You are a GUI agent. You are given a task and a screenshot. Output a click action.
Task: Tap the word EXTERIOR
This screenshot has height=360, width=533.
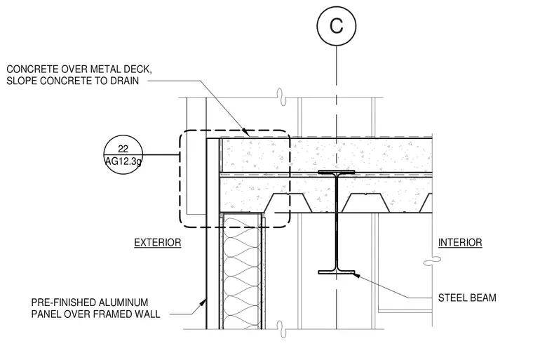pyautogui.click(x=158, y=243)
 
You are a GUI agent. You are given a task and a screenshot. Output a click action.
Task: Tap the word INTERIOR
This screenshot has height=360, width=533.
pyautogui.click(x=460, y=243)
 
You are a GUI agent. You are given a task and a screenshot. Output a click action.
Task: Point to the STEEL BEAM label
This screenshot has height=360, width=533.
pyautogui.click(x=467, y=298)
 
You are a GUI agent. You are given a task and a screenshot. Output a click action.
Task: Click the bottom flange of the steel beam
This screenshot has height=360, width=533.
pyautogui.click(x=337, y=272)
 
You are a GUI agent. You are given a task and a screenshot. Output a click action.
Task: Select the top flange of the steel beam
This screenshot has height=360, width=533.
pyautogui.click(x=337, y=172)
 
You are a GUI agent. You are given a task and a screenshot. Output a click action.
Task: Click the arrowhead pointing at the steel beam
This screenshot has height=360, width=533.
pyautogui.click(x=356, y=275)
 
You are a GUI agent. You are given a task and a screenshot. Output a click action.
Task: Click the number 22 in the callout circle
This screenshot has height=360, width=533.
pyautogui.click(x=123, y=149)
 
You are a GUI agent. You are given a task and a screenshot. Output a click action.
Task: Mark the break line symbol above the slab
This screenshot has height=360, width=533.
pyautogui.click(x=281, y=98)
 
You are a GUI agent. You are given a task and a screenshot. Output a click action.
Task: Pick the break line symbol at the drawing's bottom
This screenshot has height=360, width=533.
pyautogui.click(x=281, y=329)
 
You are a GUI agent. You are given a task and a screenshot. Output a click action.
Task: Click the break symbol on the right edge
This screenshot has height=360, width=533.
pyautogui.click(x=432, y=260)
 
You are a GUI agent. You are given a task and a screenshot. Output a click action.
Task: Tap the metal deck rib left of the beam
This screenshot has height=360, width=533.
pyautogui.click(x=288, y=203)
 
